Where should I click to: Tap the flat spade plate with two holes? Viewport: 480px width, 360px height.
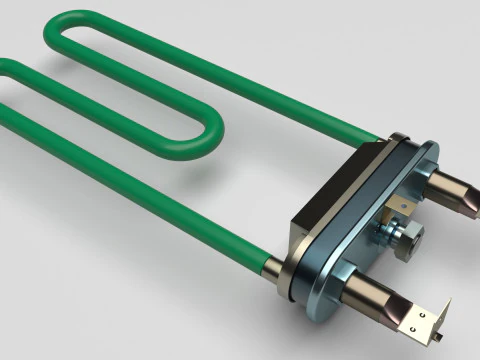point(425,325)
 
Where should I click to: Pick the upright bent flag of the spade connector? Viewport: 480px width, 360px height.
point(446,318)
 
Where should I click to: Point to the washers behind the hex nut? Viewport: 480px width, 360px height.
point(386,233)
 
